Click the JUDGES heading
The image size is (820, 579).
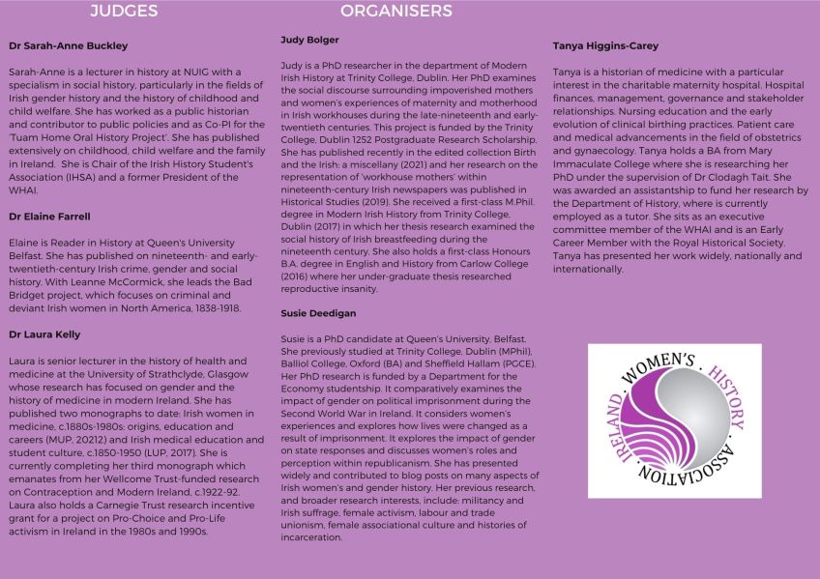tap(124, 12)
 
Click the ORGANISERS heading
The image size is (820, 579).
tap(395, 12)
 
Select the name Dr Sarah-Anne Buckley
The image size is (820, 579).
tap(68, 45)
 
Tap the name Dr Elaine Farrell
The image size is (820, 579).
tap(51, 217)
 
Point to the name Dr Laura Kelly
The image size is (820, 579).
tap(44, 333)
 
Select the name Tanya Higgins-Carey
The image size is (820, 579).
tap(605, 45)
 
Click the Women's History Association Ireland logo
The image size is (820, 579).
tap(674, 420)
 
